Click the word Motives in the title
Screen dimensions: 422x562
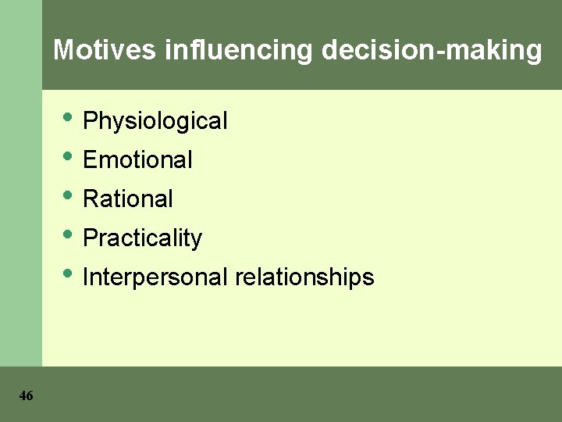click(x=105, y=51)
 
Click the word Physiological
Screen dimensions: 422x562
click(x=155, y=121)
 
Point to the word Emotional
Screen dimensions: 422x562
click(x=137, y=160)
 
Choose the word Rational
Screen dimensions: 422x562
click(x=127, y=199)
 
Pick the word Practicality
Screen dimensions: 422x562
click(x=142, y=238)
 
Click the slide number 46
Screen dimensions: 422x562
click(x=26, y=396)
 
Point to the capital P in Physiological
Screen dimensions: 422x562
click(x=90, y=121)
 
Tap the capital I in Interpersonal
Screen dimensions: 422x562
click(x=85, y=277)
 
